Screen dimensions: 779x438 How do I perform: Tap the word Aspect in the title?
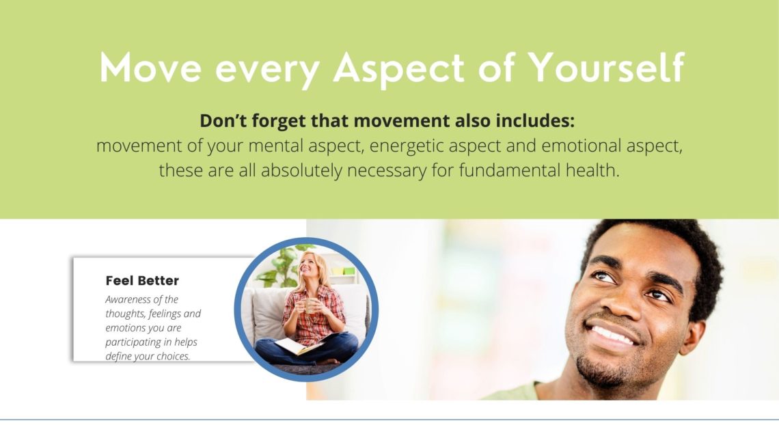pos(399,70)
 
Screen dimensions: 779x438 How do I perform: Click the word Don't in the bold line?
pos(223,121)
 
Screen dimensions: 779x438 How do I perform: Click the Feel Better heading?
pos(142,281)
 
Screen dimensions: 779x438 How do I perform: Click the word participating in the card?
pos(134,342)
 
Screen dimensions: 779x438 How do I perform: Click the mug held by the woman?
pos(310,306)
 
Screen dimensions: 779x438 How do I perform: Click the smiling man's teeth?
pos(612,335)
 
